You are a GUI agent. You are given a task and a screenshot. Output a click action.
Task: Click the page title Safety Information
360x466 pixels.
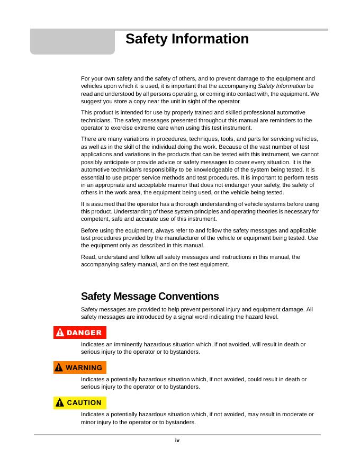[187, 39]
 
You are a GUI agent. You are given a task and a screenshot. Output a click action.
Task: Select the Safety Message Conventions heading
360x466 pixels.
[150, 296]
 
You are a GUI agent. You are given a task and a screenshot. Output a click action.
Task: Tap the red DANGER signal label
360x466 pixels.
[80, 333]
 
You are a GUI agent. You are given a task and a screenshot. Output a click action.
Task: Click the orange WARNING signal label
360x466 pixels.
[80, 368]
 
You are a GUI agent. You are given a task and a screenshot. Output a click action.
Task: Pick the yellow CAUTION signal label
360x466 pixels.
[80, 402]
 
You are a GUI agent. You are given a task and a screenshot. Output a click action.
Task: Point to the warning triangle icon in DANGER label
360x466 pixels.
[60, 333]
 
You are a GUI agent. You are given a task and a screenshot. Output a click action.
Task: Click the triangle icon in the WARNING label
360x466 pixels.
[60, 368]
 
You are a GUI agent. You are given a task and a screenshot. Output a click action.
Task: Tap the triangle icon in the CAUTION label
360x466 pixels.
[60, 402]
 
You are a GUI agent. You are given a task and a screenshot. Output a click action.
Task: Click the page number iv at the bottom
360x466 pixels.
[177, 440]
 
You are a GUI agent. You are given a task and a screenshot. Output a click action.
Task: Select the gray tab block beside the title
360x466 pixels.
[72, 42]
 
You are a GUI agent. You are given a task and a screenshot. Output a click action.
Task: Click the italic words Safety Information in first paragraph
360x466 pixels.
[281, 86]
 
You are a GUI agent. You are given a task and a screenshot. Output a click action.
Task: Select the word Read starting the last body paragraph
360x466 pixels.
[88, 257]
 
